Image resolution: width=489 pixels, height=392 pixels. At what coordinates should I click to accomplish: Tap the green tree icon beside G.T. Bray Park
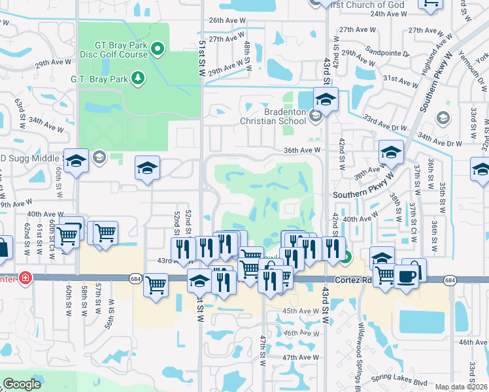point(138,79)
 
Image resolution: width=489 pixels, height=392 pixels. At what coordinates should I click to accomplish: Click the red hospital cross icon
point(25,277)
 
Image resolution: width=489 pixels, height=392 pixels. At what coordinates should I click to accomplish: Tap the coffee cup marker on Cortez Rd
point(407,276)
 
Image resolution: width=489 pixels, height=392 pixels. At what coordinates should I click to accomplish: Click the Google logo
point(22,384)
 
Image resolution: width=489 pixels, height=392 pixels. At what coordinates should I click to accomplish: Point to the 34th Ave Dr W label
point(440,141)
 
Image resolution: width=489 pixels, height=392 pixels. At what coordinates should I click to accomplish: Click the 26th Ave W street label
point(226,20)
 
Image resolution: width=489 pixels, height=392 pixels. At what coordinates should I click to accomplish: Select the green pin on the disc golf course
point(158,48)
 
